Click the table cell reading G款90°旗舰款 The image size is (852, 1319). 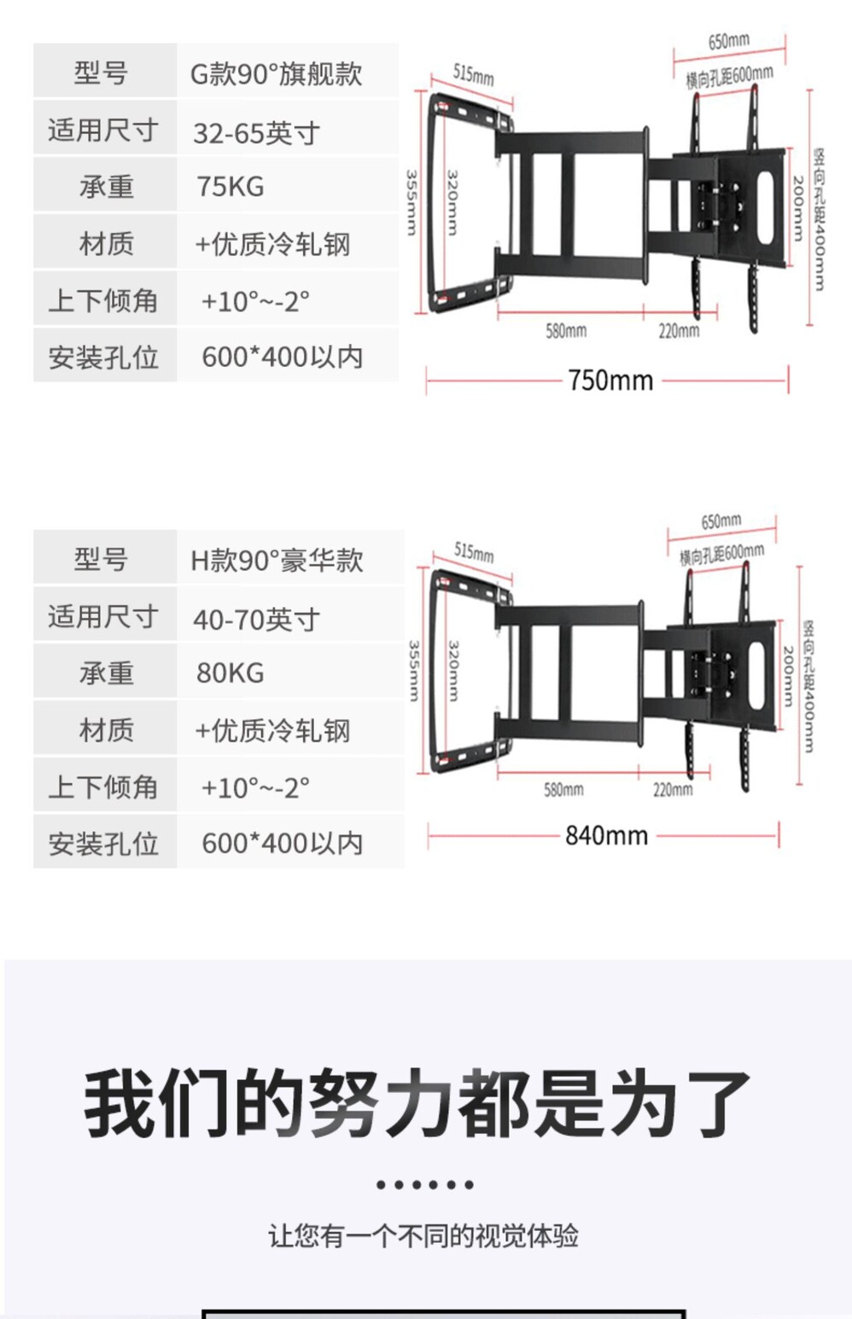[x=276, y=73]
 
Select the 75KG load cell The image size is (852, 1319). [x=231, y=186]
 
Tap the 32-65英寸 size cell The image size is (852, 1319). [x=256, y=132]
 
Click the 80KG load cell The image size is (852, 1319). [x=231, y=672]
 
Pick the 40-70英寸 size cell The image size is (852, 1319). [x=256, y=619]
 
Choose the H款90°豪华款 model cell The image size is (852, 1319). [x=277, y=560]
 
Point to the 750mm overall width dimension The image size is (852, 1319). [x=610, y=380]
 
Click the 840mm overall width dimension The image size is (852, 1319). [x=606, y=834]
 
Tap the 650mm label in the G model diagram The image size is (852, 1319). [x=728, y=41]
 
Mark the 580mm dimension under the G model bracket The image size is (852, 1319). [x=566, y=330]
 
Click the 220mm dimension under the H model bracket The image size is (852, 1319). [x=673, y=789]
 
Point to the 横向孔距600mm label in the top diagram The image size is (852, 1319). [x=729, y=77]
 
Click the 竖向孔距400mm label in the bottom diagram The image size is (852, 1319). [x=808, y=687]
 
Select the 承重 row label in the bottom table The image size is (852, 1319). [x=106, y=672]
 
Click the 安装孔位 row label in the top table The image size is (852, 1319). [x=103, y=357]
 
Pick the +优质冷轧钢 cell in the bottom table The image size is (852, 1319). [x=273, y=730]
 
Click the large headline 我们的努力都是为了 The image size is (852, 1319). [x=417, y=1102]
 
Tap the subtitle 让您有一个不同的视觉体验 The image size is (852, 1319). [x=423, y=1235]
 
